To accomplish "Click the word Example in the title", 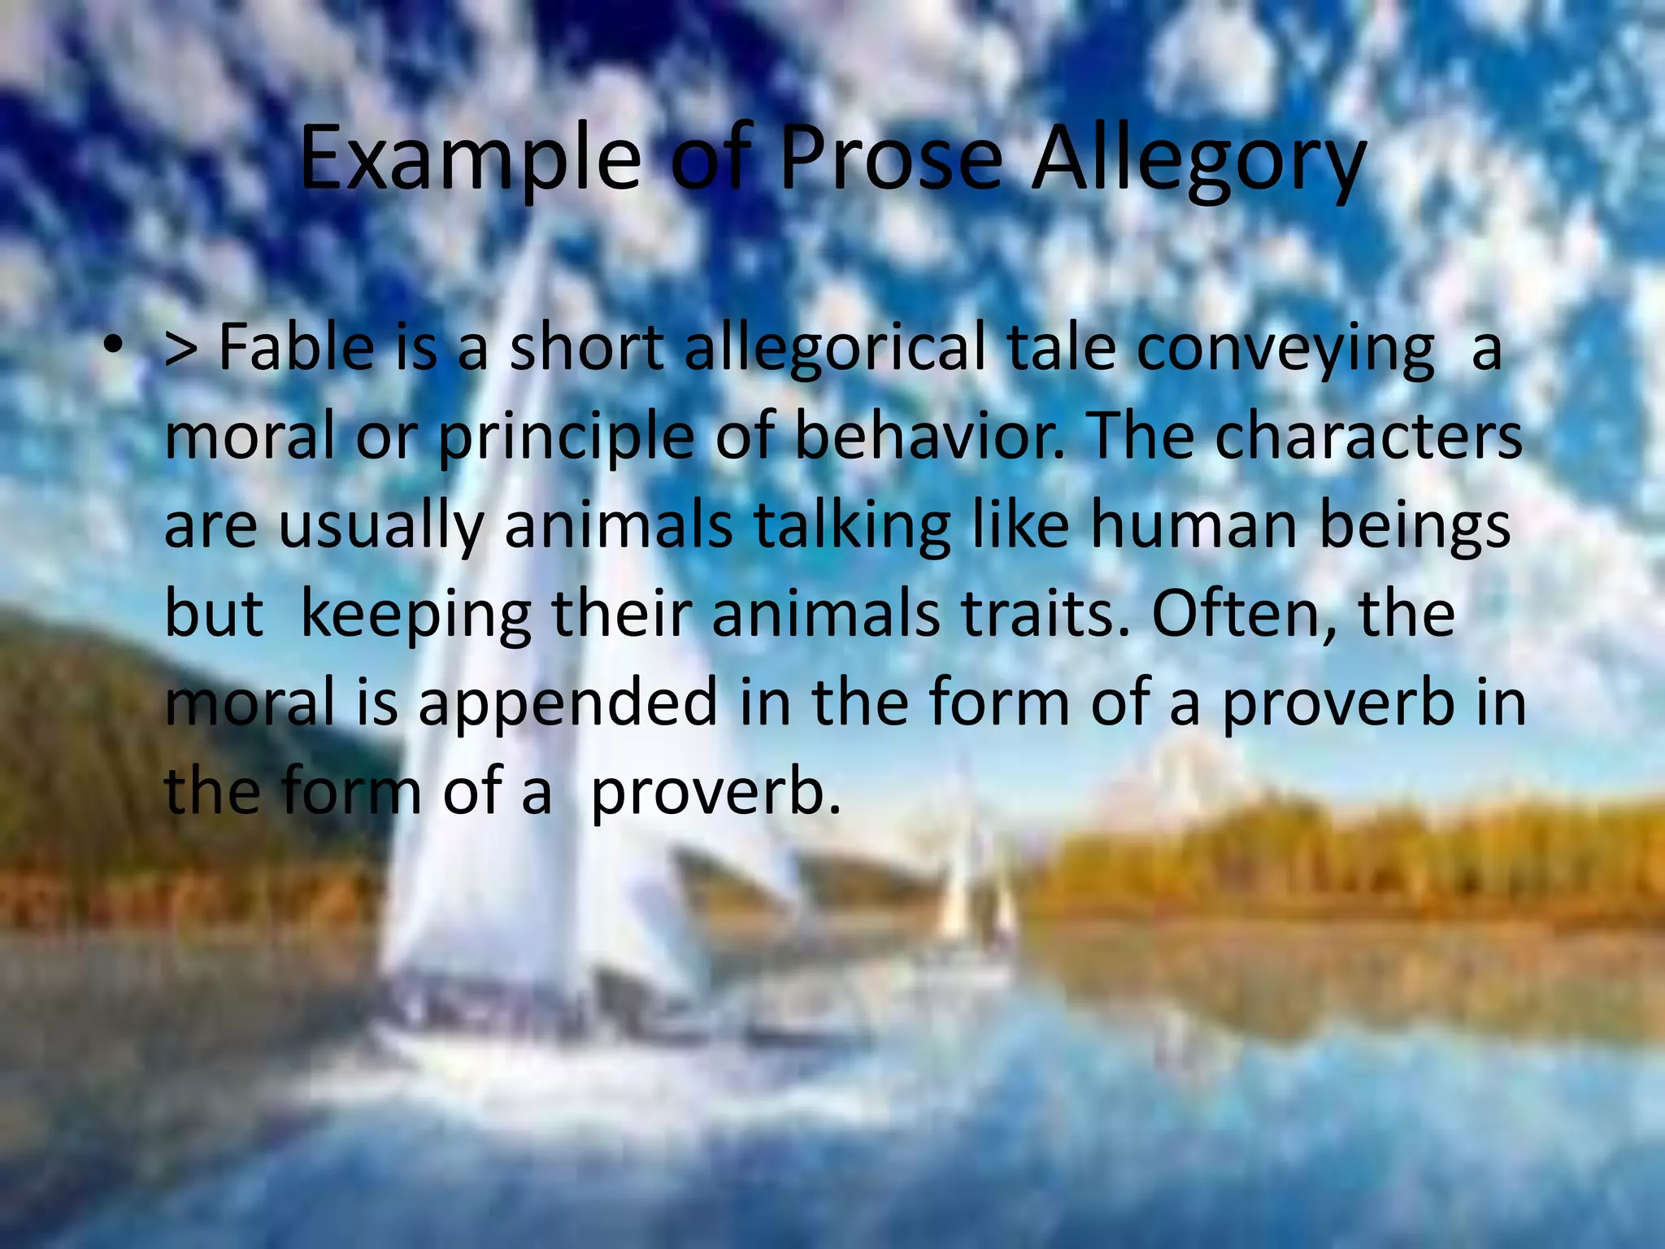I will pos(470,159).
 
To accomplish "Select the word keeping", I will pos(415,616).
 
